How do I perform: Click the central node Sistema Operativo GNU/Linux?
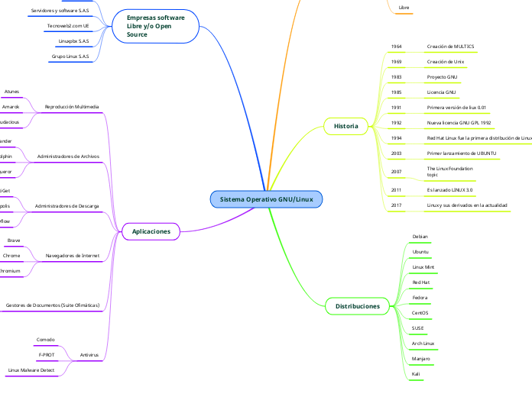point(266,199)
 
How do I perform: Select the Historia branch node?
point(345,124)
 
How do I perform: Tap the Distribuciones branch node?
point(358,306)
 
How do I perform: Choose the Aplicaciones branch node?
point(151,231)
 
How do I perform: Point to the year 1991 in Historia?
point(396,108)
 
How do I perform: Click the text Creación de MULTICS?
point(450,47)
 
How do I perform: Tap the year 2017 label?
point(396,205)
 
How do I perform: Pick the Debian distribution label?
point(420,237)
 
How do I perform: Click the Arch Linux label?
point(423,344)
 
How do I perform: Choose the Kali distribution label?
point(415,374)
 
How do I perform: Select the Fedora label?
point(420,298)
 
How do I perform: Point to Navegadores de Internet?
point(73,256)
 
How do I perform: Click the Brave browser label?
point(14,240)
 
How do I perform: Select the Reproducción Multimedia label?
point(72,107)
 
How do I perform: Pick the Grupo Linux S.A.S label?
point(70,56)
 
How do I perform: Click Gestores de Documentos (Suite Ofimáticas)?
point(53,305)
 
